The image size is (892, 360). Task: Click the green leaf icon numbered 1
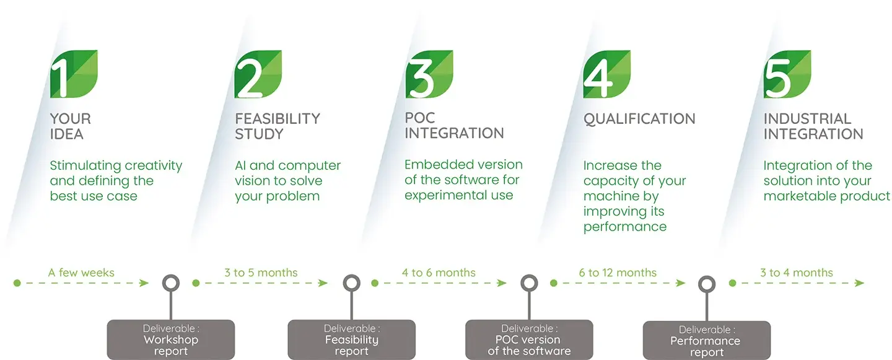click(74, 74)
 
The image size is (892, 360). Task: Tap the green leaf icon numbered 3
click(429, 74)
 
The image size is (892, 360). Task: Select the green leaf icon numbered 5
click(787, 74)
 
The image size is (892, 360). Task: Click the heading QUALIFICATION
click(639, 119)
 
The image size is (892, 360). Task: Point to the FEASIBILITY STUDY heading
click(277, 126)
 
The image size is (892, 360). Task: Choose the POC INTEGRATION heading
click(454, 126)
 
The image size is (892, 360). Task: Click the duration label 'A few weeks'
click(81, 273)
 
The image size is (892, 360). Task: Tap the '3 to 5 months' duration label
click(261, 273)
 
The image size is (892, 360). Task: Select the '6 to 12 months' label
click(618, 273)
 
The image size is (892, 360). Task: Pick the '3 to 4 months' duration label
click(797, 273)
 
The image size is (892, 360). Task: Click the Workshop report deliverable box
click(171, 340)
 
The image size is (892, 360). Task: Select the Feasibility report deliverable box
click(351, 340)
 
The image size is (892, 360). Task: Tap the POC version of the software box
click(529, 340)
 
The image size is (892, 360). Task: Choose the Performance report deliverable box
click(706, 341)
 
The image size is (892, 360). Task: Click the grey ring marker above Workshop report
click(170, 284)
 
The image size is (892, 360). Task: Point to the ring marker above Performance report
click(707, 284)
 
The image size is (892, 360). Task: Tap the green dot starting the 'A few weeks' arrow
click(17, 283)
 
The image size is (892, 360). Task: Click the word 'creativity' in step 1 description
click(154, 165)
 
